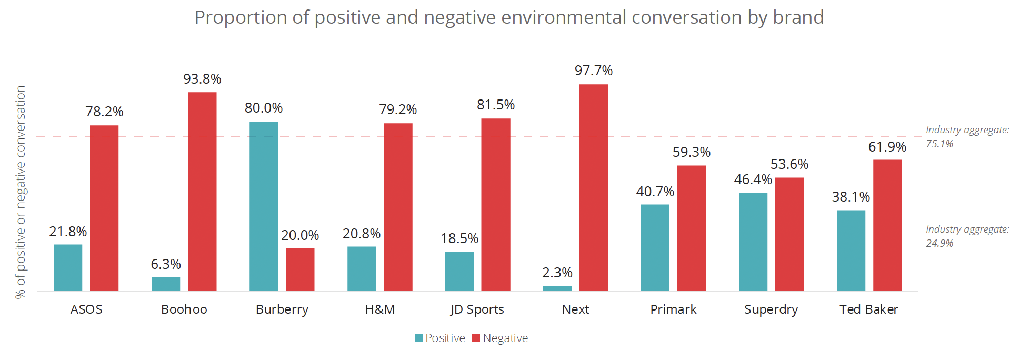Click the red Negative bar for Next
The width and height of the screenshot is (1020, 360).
(x=594, y=187)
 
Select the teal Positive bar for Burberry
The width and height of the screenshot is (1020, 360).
(x=264, y=206)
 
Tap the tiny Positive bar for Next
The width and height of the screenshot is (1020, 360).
(x=557, y=288)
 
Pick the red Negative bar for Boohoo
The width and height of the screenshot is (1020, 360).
(x=202, y=191)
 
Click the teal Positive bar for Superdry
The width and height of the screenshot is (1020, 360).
(x=753, y=242)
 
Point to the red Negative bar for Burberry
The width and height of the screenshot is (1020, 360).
(x=300, y=269)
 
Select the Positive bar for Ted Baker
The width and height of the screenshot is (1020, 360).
(x=851, y=250)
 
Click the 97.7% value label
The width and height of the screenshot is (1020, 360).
(x=594, y=71)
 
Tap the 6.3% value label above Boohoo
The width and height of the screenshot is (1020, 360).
(x=166, y=264)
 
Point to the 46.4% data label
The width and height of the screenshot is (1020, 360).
(x=753, y=179)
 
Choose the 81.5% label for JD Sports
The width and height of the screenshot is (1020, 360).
(x=496, y=105)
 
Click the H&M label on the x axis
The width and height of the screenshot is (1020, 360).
(x=380, y=309)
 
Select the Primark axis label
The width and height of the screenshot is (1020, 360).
(x=673, y=309)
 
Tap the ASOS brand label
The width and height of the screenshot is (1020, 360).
(x=86, y=309)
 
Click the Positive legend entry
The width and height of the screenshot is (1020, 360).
(x=440, y=338)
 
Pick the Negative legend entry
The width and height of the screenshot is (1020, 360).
(x=500, y=338)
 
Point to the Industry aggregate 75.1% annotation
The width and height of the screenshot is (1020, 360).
(x=967, y=137)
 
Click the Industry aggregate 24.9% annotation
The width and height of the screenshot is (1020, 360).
(x=967, y=236)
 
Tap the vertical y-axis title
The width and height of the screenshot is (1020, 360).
(x=21, y=192)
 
